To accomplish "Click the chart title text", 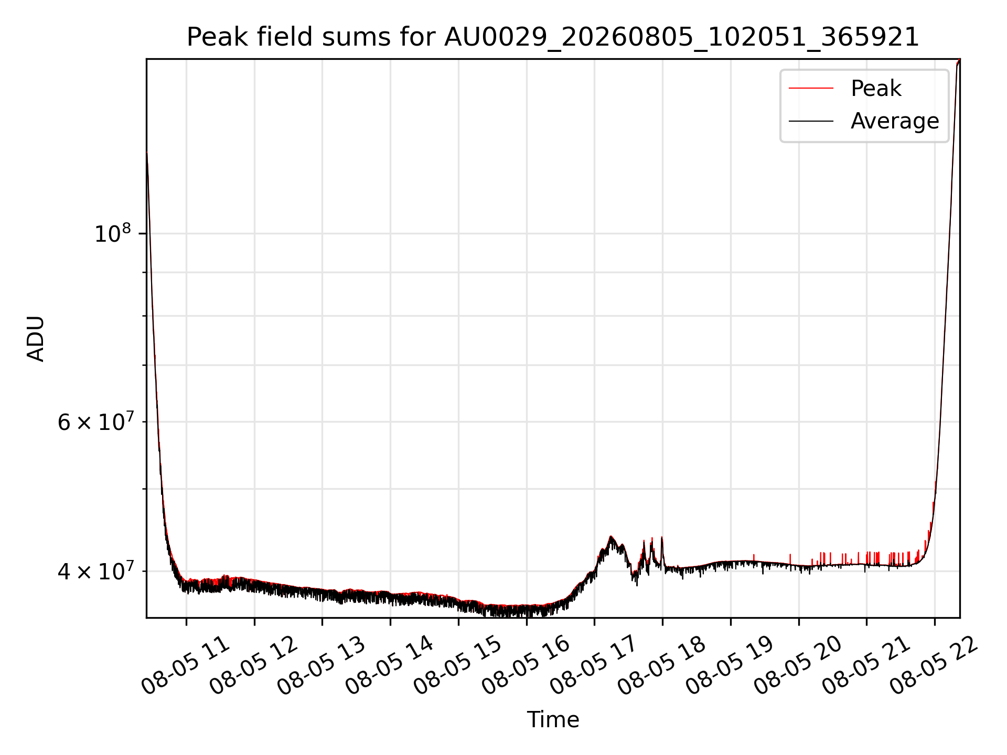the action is (x=553, y=37).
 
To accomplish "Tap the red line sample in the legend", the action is (x=811, y=88).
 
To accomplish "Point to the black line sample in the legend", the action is (x=811, y=121).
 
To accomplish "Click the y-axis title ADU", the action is (x=36, y=339).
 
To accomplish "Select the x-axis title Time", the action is (x=553, y=720).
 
